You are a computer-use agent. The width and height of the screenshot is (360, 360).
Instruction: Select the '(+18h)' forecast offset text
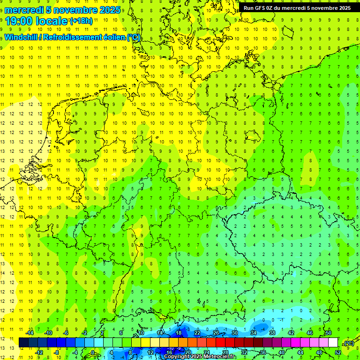81,21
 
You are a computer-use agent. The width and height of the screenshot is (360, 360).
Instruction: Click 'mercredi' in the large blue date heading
23,10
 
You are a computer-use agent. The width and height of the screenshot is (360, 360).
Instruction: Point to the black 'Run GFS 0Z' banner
297,8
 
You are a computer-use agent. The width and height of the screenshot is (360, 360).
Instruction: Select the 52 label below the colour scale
338,352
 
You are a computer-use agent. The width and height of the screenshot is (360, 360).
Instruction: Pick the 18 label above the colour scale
179,333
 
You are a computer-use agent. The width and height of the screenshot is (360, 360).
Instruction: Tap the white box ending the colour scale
333,342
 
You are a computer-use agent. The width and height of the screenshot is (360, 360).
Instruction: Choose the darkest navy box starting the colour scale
23,342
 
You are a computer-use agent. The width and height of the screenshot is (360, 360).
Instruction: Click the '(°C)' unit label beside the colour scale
348,343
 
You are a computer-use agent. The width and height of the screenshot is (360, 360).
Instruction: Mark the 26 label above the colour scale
216,333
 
